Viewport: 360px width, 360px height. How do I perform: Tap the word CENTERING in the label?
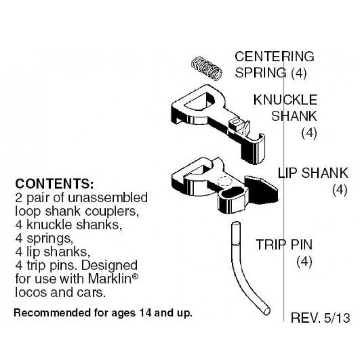[274, 57]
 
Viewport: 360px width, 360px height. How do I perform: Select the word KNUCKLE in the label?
[285, 99]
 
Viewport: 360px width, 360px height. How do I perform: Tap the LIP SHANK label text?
[313, 172]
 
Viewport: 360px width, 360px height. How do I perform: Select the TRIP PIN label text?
[284, 245]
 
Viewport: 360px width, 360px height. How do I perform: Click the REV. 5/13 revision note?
[320, 318]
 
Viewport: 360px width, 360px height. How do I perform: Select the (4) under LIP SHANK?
[340, 190]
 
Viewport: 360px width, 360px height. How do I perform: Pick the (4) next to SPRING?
[298, 73]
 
